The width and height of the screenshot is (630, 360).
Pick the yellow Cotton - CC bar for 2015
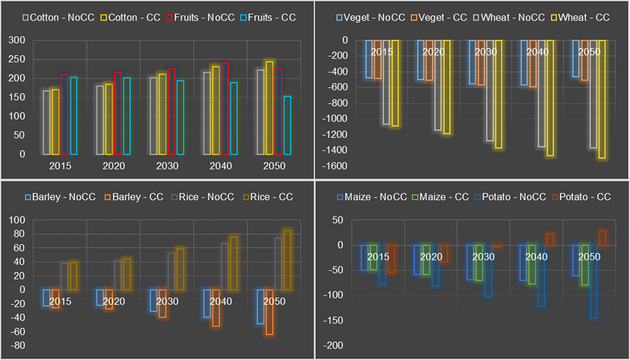pyautogui.click(x=55, y=122)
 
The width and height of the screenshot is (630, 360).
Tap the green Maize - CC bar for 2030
pyautogui.click(x=479, y=262)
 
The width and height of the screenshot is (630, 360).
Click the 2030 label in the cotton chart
pyautogui.click(x=167, y=166)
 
